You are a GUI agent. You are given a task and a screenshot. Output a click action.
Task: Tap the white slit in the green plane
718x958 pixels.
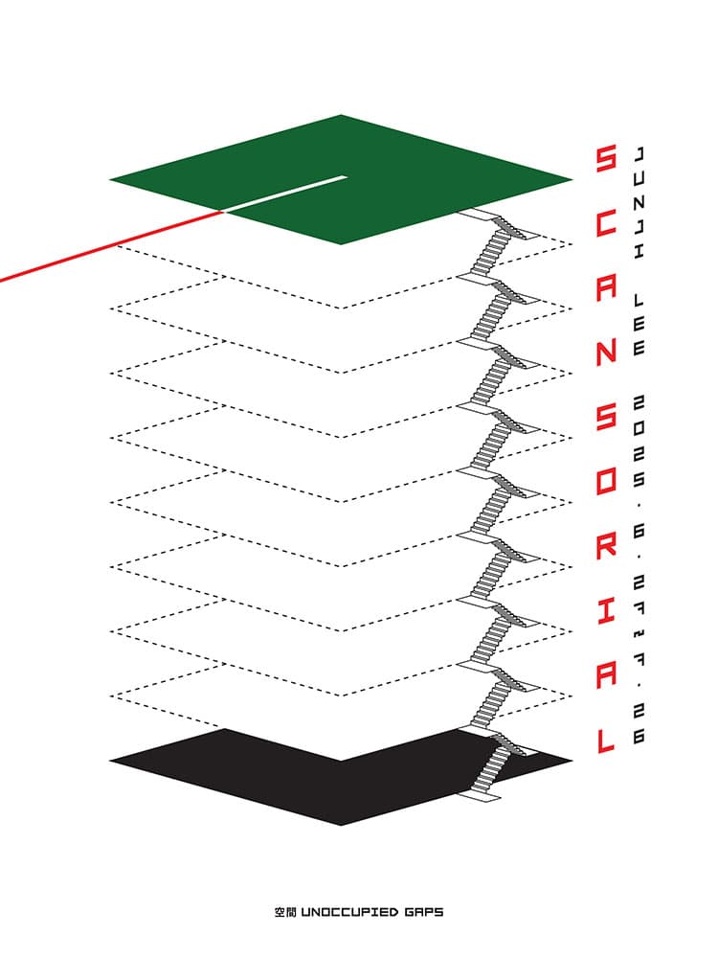[x=285, y=194]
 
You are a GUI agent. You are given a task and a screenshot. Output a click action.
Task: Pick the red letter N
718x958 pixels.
[x=606, y=352]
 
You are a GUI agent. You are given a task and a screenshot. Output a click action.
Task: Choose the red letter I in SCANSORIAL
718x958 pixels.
[x=606, y=610]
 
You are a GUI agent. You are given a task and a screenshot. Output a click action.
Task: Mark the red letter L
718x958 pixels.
[x=606, y=739]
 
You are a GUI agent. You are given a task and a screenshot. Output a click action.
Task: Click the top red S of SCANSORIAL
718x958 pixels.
[x=606, y=159]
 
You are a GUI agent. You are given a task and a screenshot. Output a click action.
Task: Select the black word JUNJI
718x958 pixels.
[x=639, y=204]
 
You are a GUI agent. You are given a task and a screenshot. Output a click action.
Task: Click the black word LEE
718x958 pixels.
[x=639, y=325]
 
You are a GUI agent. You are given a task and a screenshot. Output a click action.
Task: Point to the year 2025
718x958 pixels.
[x=639, y=441]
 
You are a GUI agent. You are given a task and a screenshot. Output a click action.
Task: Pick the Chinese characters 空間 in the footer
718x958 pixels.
[x=285, y=913]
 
